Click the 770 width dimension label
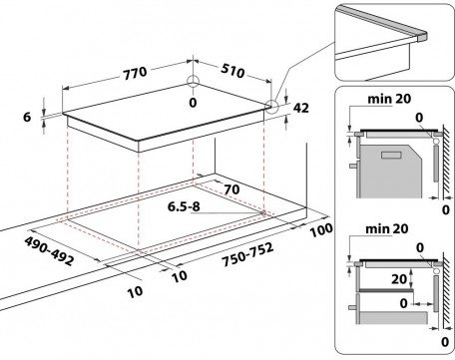pos(135,73)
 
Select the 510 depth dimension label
pos(232,71)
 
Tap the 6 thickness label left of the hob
pos(27,117)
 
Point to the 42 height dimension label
pos(301,108)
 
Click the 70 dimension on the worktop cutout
pos(231,189)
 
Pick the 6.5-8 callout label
pos(184,206)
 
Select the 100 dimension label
pos(321,229)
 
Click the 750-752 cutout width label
pos(248,254)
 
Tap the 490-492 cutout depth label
pos(49,251)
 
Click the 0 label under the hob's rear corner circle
pos(193,103)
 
